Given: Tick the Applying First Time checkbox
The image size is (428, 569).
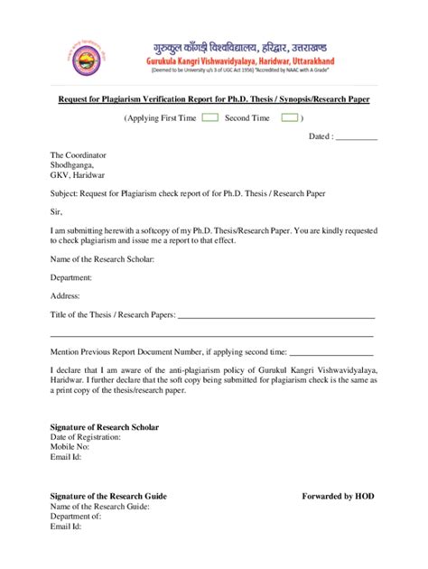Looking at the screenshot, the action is pyautogui.click(x=209, y=117).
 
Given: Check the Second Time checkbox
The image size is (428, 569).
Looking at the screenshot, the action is pyautogui.click(x=289, y=117).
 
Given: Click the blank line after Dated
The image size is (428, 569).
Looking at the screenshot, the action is pyautogui.click(x=356, y=137).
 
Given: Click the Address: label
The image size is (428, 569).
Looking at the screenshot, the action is pyautogui.click(x=65, y=295).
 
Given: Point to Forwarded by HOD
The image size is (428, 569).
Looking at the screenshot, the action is pyautogui.click(x=337, y=496).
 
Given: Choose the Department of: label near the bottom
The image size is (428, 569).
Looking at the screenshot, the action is pyautogui.click(x=75, y=516).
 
